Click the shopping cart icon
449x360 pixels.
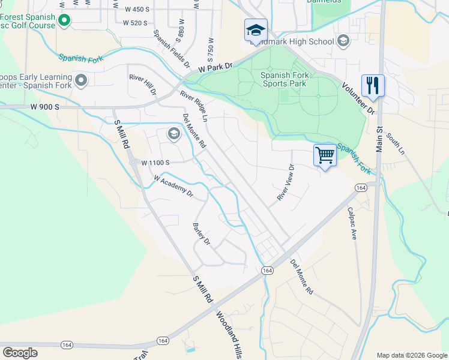click(x=325, y=155)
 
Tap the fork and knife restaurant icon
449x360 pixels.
click(x=373, y=85)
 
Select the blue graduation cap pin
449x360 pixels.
click(x=255, y=31)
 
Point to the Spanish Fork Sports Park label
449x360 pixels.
click(x=283, y=79)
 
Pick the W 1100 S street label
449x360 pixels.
click(x=155, y=162)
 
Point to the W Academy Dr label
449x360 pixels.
click(x=173, y=186)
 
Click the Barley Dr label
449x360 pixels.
click(x=201, y=235)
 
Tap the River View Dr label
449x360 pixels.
click(x=285, y=182)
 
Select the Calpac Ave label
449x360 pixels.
click(x=352, y=224)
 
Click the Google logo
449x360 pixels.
click(x=20, y=353)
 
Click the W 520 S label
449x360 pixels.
click(x=135, y=23)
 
